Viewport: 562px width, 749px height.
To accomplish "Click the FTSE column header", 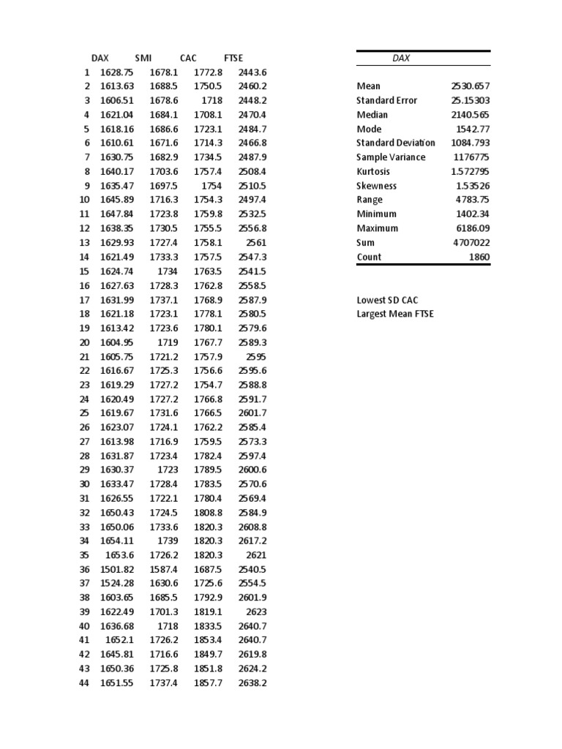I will tap(233, 58).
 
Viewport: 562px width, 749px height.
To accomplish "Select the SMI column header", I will tap(143, 58).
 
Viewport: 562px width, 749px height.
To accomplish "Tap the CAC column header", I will tap(188, 58).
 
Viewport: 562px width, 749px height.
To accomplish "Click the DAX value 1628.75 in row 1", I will tap(117, 72).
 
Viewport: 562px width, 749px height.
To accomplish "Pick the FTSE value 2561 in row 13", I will tap(257, 243).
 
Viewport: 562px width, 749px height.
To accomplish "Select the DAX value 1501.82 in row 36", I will tap(117, 570).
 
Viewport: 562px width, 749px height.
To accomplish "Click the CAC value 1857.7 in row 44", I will tap(208, 683).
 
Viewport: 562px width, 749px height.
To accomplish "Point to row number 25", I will tap(84, 413).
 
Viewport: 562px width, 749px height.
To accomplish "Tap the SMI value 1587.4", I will tap(163, 570).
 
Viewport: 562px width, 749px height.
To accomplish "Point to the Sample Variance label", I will tap(388, 157).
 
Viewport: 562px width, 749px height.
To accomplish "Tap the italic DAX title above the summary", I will tap(401, 59).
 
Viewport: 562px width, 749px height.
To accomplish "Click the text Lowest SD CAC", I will tap(387, 300).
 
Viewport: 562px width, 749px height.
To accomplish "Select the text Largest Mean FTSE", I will tap(394, 315).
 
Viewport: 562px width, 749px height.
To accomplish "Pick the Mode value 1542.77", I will tap(473, 129).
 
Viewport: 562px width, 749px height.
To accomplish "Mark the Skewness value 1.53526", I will tap(473, 186).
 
